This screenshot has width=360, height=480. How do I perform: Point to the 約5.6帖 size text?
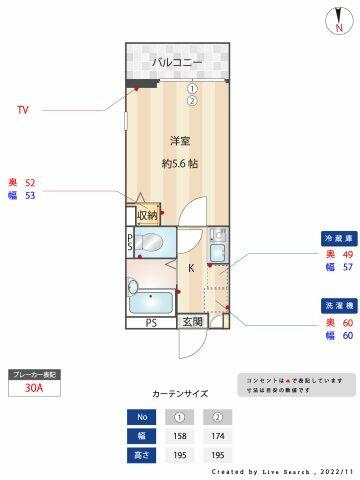[181, 163]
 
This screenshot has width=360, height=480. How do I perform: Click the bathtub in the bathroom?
[152, 301]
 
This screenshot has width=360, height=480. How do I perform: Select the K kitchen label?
[191, 266]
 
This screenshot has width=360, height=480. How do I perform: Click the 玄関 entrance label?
[192, 322]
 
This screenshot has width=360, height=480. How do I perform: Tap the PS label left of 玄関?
[151, 322]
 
